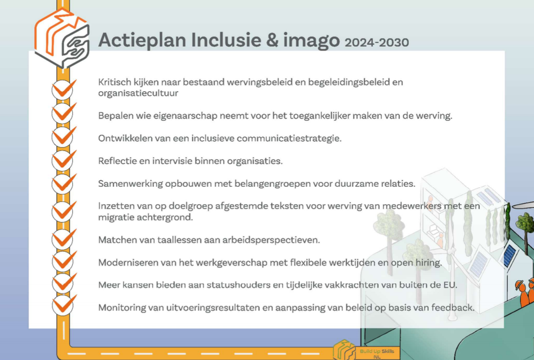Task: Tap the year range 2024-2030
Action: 377,42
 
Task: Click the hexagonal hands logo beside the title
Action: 62,38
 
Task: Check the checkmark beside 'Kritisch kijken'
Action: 63,89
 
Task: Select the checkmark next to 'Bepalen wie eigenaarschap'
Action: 63,113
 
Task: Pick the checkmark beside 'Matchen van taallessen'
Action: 64,239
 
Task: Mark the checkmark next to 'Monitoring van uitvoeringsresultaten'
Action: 64,305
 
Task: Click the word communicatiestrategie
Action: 289,139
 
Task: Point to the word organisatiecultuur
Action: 138,93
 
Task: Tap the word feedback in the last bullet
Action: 452,308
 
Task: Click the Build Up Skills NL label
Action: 377,354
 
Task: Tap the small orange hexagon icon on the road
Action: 344,350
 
